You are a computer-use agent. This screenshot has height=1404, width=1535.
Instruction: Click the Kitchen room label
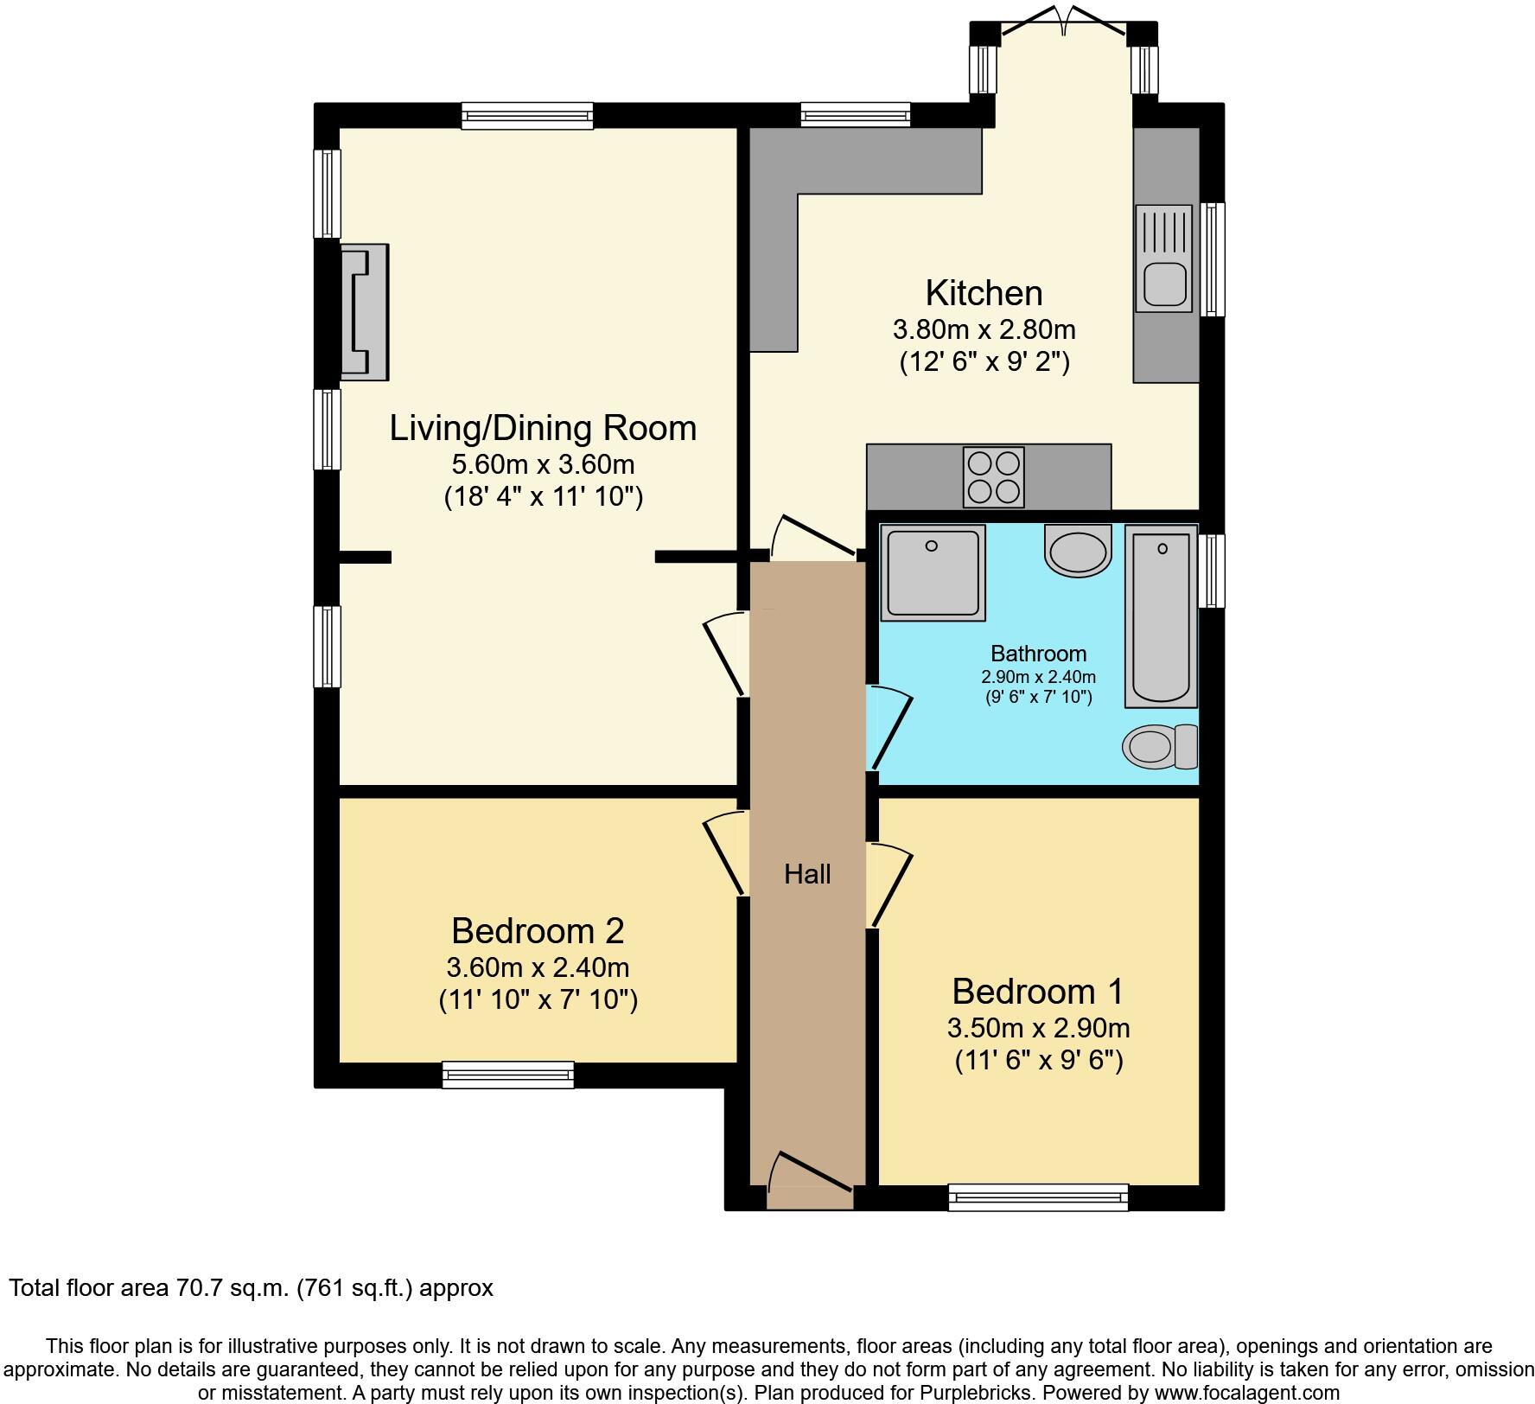point(984,293)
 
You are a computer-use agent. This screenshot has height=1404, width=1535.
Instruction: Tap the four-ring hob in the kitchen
point(994,477)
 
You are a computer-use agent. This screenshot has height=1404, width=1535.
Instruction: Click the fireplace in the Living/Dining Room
point(364,311)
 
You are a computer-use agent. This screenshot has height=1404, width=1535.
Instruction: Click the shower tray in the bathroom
point(933,572)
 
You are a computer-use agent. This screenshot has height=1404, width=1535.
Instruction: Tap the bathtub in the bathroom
point(1162,619)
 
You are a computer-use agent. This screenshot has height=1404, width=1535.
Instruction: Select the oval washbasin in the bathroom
point(1077,551)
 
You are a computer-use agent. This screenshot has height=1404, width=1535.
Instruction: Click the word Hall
point(807,874)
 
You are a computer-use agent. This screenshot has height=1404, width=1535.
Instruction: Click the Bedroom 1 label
point(1038,991)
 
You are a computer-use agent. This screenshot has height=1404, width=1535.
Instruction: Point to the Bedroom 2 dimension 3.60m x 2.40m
point(538,967)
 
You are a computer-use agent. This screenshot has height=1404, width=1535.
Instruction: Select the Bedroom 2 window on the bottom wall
point(508,1075)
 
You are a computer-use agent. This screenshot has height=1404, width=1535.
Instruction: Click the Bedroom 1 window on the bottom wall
point(1038,1197)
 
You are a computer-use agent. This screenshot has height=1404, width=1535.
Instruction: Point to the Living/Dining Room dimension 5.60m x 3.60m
point(543,464)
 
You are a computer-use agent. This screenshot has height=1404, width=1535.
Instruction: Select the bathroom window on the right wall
point(1213,571)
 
